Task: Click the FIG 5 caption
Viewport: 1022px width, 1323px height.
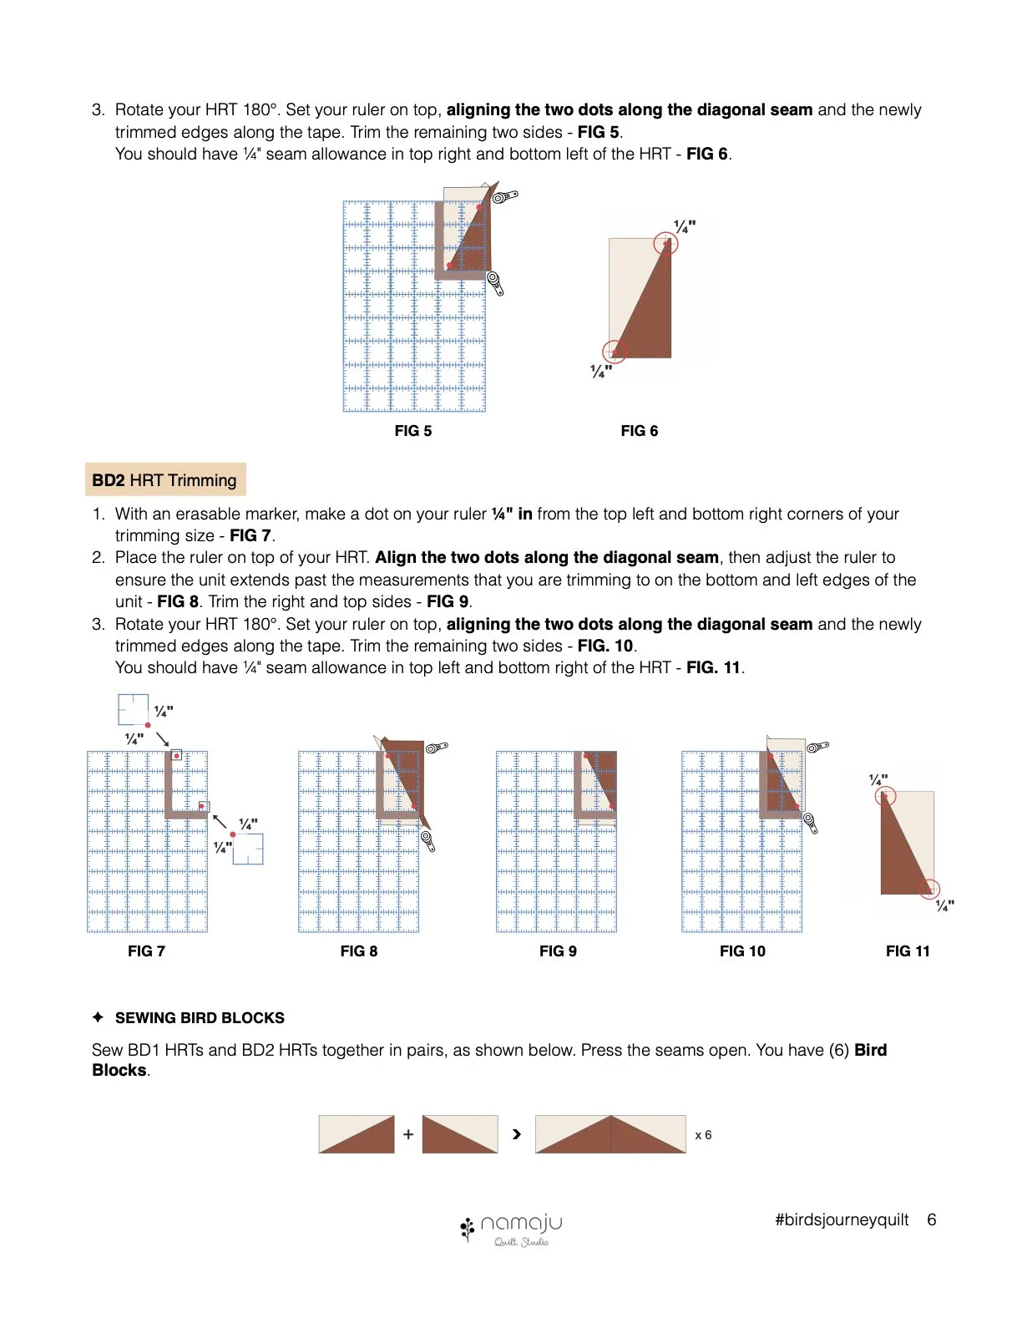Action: [412, 431]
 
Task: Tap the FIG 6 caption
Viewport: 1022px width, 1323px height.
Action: [639, 431]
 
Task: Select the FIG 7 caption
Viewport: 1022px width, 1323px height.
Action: [146, 951]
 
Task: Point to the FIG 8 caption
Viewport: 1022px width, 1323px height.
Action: [358, 951]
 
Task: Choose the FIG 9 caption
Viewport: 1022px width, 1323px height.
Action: [558, 951]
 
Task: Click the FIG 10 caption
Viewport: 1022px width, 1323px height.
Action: [742, 951]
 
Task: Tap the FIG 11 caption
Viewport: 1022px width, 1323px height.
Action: [908, 951]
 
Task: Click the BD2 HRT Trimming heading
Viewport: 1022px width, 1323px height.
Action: [164, 480]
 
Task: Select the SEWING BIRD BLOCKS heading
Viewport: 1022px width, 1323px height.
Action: [200, 1018]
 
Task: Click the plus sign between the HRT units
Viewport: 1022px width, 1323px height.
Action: [407, 1134]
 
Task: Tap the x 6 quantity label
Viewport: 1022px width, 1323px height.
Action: [703, 1135]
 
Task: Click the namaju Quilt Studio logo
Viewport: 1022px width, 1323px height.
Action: [511, 1229]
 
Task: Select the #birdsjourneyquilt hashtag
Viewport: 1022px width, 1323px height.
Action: [841, 1220]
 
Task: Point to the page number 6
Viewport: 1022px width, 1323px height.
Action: [931, 1219]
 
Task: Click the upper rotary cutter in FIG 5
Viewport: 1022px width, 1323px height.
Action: [505, 197]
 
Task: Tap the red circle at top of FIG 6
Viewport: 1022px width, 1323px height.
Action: [665, 244]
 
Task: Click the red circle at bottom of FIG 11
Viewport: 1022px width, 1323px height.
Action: [928, 890]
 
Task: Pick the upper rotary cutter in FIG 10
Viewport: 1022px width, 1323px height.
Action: [818, 747]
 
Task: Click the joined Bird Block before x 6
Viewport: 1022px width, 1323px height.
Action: [610, 1134]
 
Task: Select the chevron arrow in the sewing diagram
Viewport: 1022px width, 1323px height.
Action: [517, 1134]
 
